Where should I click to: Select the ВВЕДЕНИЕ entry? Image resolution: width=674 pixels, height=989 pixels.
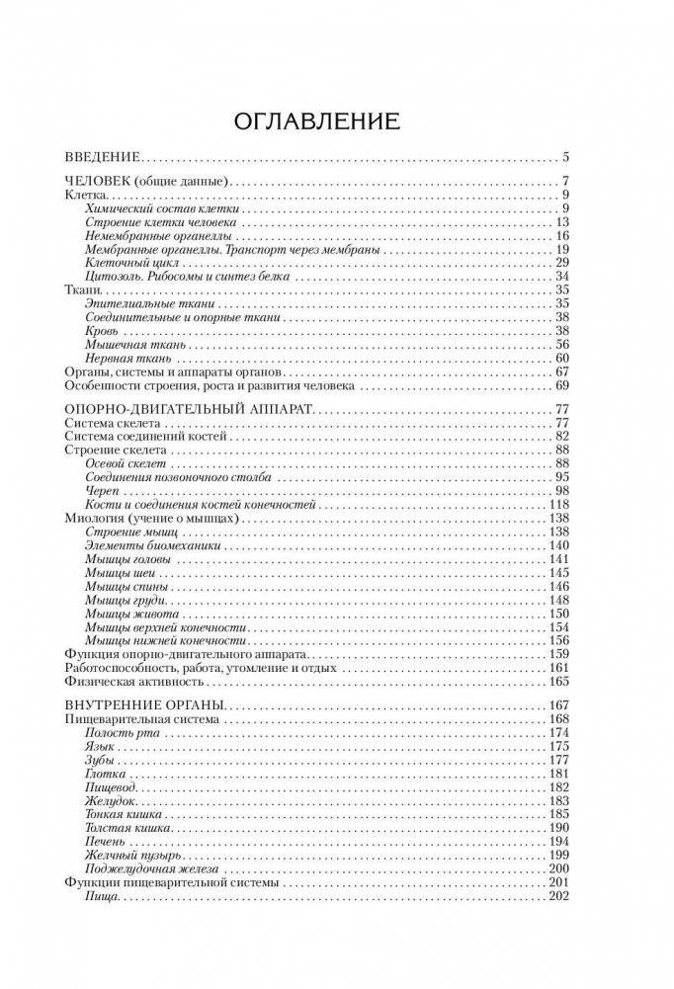click(102, 157)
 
